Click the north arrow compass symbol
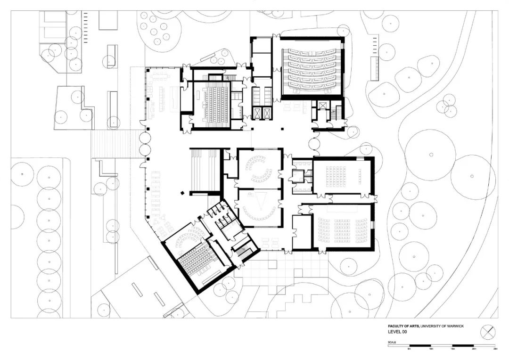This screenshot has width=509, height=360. pyautogui.click(x=488, y=332)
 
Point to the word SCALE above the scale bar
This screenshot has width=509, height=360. pyautogui.click(x=392, y=342)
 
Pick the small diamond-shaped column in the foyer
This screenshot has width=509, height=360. pyautogui.click(x=181, y=193)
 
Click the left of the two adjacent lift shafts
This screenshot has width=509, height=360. pyautogui.click(x=257, y=113)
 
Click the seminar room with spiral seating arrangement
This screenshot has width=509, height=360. pyautogui.click(x=259, y=167)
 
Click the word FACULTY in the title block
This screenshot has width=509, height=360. pyautogui.click(x=396, y=326)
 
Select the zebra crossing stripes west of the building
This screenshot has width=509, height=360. pyautogui.click(x=115, y=144)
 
